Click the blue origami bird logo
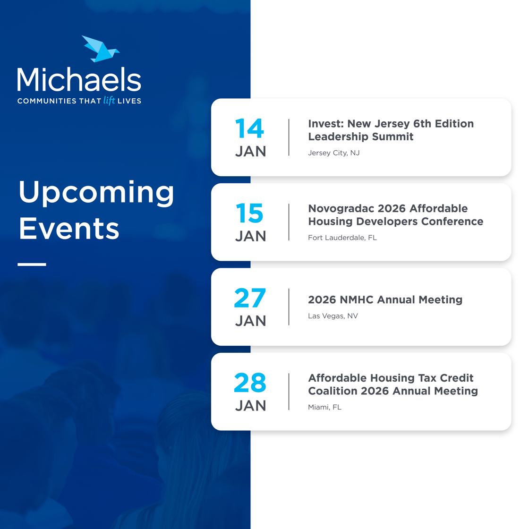pos(101,49)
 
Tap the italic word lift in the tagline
pos(109,100)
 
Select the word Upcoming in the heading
pos(96,193)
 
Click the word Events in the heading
pos(69,229)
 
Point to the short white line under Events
pos(32,264)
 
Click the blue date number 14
pos(249,128)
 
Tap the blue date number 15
pos(249,213)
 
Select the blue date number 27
pos(250,298)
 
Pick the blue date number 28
pos(250,383)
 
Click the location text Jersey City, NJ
pos(333,153)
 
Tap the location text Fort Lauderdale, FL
pos(342,238)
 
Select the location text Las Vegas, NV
pos(333,316)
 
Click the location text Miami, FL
pos(324,407)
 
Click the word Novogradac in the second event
pos(341,208)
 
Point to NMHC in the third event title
pos(357,299)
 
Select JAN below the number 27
pos(250,321)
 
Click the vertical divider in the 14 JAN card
pos(289,137)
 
